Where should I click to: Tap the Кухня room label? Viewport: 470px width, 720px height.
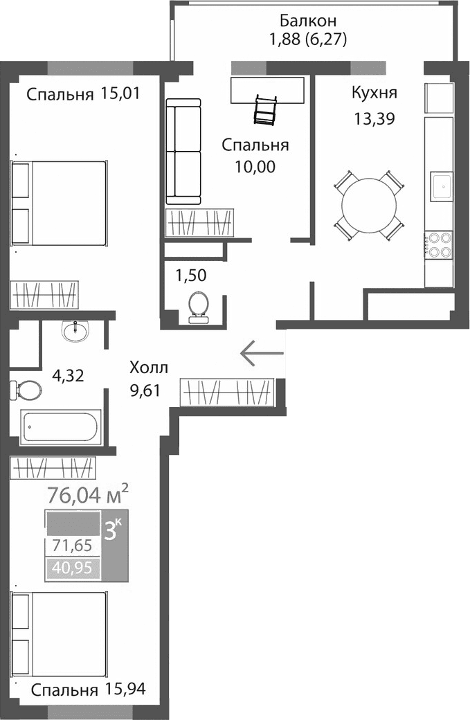tap(374, 93)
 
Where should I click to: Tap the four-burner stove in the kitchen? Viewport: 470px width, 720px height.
tap(437, 244)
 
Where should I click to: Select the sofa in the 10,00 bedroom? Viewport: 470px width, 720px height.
tap(183, 152)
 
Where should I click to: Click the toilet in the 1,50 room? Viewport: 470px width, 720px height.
tap(199, 307)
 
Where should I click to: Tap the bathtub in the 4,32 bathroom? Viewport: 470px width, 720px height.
tap(61, 427)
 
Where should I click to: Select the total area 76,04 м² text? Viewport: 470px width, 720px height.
tap(87, 495)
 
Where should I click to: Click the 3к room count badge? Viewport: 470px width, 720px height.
tap(114, 530)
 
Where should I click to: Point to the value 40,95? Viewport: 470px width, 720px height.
tap(72, 569)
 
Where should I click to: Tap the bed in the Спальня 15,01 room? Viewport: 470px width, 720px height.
tap(60, 202)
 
